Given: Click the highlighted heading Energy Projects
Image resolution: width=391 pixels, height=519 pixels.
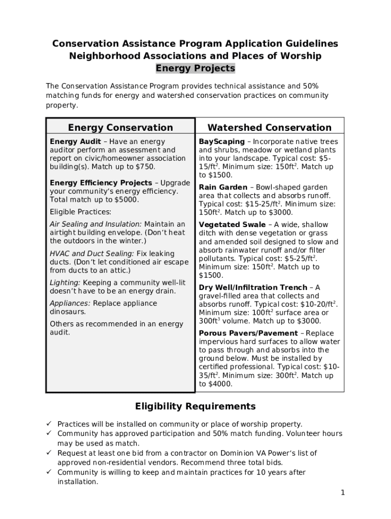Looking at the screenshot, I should click(x=195, y=68).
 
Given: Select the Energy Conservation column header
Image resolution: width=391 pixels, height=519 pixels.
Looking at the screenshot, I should click(x=120, y=128).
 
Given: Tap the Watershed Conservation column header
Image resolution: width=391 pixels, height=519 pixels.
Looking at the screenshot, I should click(x=269, y=128).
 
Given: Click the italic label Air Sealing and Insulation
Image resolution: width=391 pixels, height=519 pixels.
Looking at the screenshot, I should click(x=95, y=224).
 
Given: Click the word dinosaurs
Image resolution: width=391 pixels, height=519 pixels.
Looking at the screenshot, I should click(x=68, y=312).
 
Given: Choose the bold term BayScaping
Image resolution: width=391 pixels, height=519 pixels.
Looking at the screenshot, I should click(x=221, y=142).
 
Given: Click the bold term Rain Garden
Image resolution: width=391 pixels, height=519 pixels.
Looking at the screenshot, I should click(x=223, y=188).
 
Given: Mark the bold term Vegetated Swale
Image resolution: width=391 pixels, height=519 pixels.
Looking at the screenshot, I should click(x=232, y=225).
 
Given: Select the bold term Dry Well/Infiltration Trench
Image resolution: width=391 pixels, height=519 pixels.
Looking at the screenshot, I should click(x=253, y=287).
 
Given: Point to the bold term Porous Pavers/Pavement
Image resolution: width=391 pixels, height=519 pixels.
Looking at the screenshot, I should click(x=248, y=333).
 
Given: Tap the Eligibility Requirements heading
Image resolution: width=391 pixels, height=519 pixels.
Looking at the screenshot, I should click(x=195, y=406).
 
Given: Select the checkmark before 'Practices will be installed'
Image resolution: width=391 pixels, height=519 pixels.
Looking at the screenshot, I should click(x=49, y=424).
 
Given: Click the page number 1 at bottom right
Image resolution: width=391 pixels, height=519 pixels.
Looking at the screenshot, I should click(x=343, y=493).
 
